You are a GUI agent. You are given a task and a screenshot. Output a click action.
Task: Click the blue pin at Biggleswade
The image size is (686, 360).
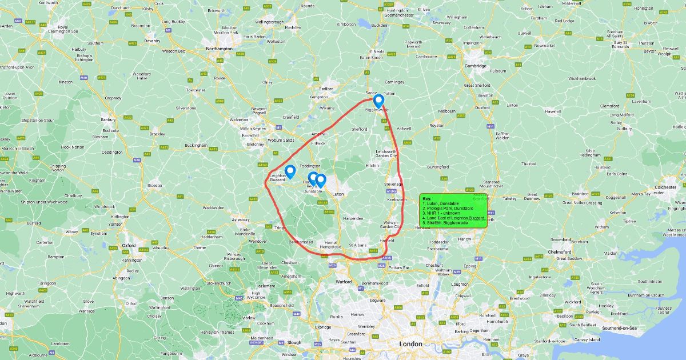pos(378,101)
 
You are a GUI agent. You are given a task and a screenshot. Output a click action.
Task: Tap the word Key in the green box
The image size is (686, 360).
pos(426,199)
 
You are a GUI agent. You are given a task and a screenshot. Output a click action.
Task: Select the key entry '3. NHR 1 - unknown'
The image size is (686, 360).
pos(441,213)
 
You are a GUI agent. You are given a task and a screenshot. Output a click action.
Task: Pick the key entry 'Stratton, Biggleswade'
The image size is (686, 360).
pos(445,222)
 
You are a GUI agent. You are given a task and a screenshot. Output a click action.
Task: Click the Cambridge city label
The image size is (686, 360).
pos(476,66)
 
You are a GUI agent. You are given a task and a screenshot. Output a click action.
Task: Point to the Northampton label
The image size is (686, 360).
pos(220,49)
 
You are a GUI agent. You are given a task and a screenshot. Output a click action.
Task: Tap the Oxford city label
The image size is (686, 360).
pos(129,245)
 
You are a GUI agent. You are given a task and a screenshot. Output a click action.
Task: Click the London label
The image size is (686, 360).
pos(410,344)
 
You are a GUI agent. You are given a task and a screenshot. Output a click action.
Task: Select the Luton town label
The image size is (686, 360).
pos(338,194)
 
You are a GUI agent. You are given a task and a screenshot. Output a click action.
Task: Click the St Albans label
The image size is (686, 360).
pos(357,246)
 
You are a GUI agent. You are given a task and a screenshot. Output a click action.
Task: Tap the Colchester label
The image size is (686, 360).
pos(666,187)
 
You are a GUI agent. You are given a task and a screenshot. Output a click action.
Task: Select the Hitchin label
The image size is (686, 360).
pos(372,166)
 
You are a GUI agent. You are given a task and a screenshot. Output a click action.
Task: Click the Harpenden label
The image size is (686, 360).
pos(353,218)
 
